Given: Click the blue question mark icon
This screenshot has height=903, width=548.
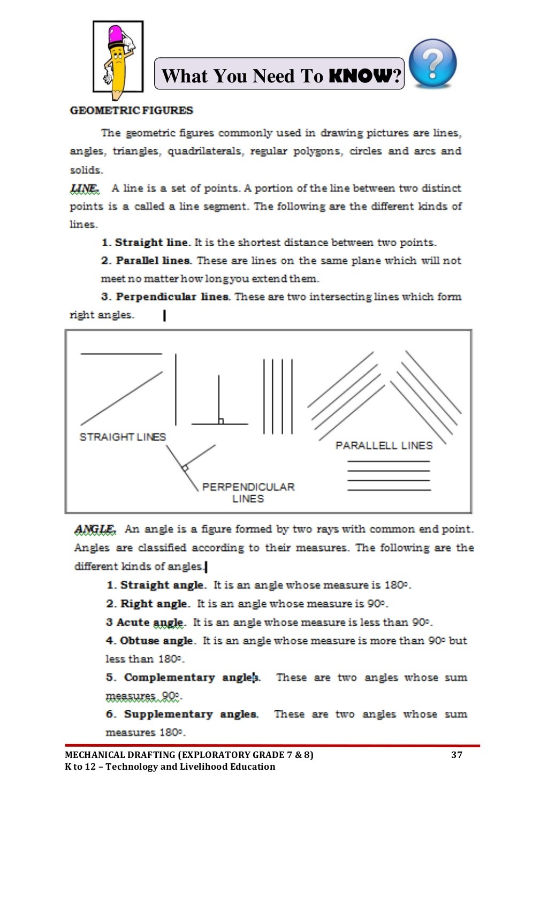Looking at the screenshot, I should coord(432,63).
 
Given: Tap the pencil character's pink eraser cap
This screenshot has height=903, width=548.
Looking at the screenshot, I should coord(115,35).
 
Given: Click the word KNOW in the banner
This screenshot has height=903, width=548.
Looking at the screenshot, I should coord(360,76).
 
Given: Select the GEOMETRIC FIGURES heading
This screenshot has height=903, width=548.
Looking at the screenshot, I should coord(131,111).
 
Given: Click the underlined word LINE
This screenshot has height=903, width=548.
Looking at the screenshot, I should coord(84,188).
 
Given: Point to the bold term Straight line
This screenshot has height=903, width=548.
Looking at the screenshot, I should coord(153,242).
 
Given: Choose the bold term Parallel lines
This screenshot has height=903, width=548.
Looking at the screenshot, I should coord(153,261).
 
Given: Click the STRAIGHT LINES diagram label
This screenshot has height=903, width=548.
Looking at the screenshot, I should coord(123,437).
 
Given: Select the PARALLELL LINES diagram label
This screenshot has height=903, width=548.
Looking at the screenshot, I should coord(384,445).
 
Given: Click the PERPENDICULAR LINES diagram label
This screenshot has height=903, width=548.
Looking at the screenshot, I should coord(248,492).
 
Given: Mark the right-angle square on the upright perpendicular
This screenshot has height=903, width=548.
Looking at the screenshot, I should coord(220,421).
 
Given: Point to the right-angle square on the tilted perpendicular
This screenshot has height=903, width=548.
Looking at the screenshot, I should coord(185,468).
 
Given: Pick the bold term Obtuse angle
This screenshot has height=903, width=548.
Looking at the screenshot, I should coord(156,641).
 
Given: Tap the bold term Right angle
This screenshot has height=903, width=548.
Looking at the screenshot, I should coord(155,604).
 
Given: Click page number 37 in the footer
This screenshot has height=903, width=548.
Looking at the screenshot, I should coord(456,755).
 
